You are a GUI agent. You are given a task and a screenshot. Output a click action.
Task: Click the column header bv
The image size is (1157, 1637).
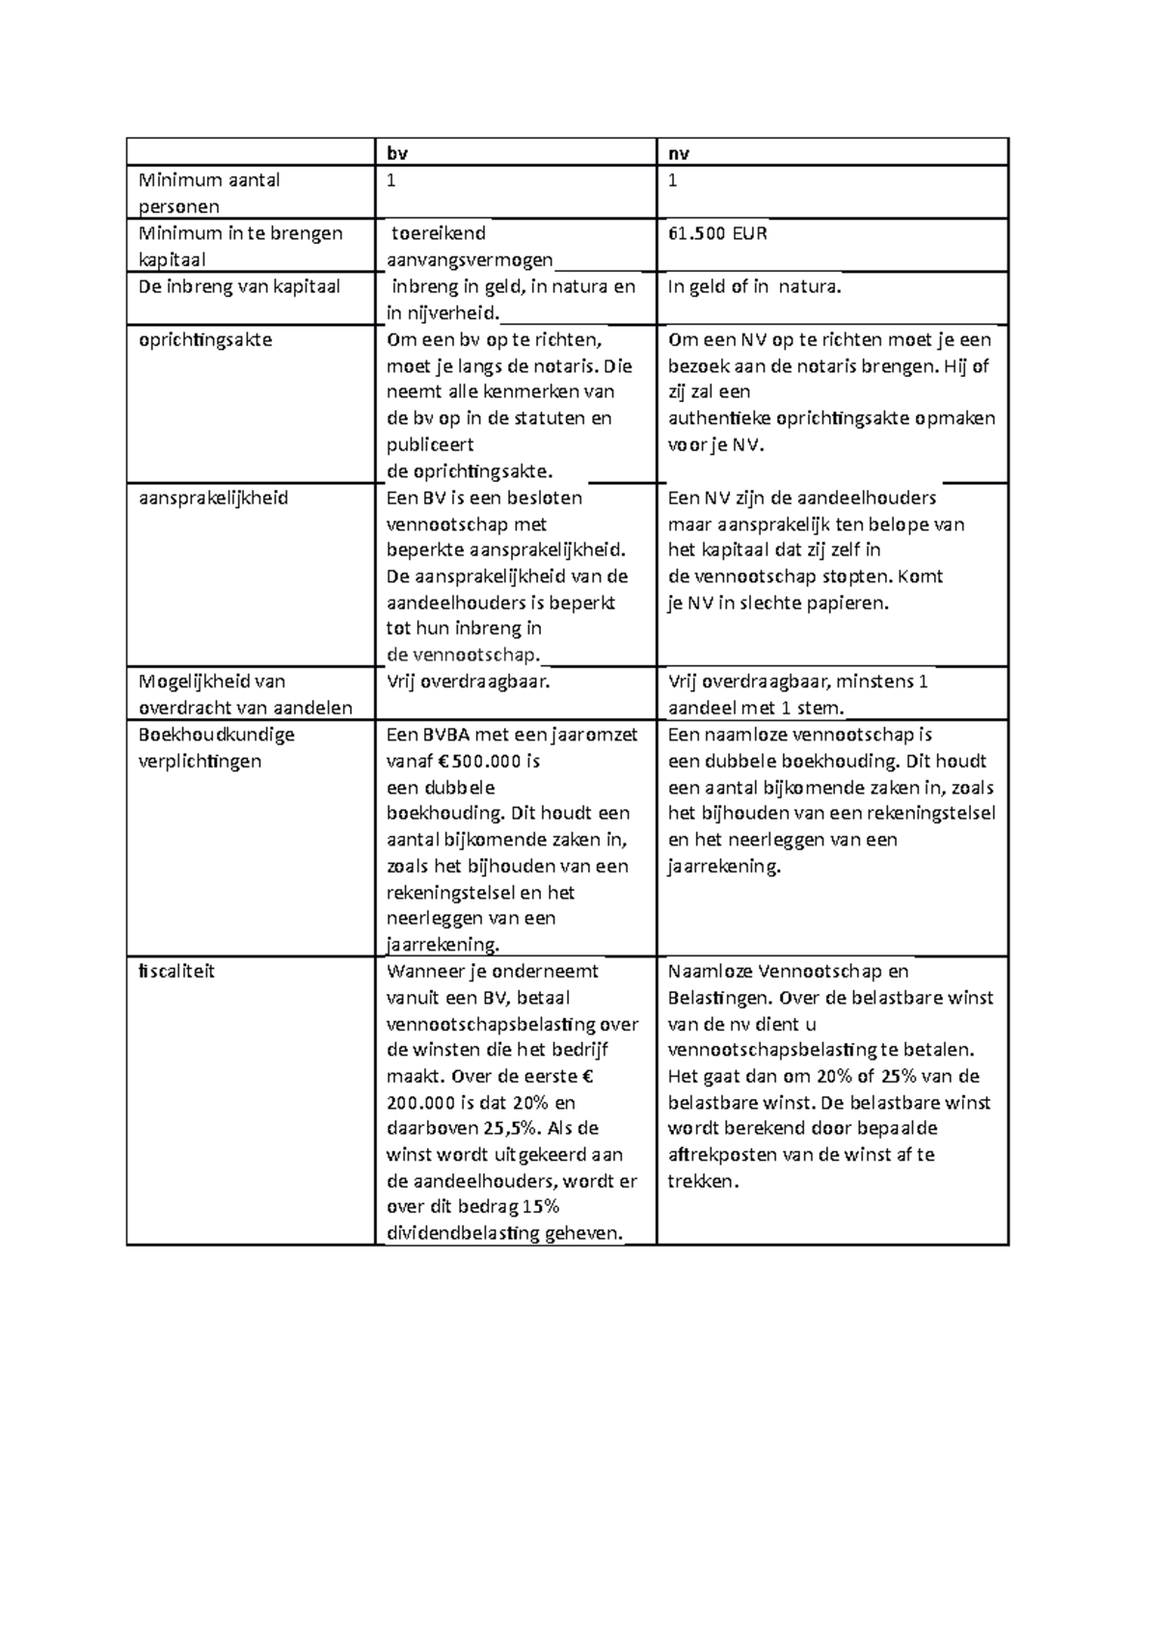tap(396, 153)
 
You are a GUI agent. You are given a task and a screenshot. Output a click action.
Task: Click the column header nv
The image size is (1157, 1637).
tap(679, 153)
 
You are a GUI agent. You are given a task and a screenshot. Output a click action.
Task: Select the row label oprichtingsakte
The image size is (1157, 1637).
tap(205, 339)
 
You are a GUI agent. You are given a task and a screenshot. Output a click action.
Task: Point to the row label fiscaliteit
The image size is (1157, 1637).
tap(176, 971)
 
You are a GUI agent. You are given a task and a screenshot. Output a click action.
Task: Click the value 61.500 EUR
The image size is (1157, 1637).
tap(717, 233)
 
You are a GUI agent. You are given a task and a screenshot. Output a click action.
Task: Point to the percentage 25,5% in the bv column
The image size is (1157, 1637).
tap(509, 1128)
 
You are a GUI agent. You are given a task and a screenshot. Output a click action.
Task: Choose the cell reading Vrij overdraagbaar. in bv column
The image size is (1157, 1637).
tap(469, 682)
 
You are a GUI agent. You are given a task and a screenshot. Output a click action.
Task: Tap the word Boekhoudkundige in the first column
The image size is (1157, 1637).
tap(216, 734)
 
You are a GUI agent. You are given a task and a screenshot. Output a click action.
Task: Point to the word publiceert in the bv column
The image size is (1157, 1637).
tap(430, 444)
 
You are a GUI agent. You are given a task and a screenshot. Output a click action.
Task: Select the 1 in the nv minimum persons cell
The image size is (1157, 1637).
tap(672, 180)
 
